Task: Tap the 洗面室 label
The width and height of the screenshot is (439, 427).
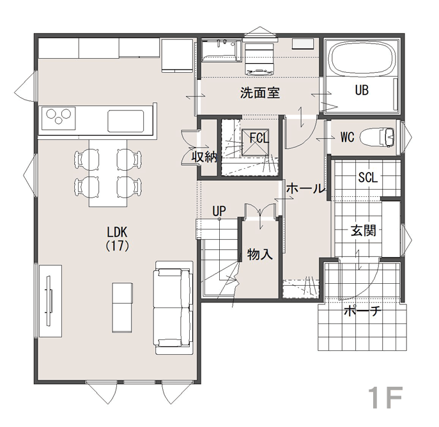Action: pyautogui.click(x=260, y=93)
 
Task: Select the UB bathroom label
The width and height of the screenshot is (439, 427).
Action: pyautogui.click(x=362, y=90)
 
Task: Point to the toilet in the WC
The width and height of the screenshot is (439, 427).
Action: pyautogui.click(x=377, y=137)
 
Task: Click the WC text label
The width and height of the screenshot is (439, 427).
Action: pyautogui.click(x=348, y=137)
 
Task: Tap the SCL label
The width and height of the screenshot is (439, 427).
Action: pyautogui.click(x=368, y=177)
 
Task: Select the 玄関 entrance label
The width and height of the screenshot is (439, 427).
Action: pyautogui.click(x=364, y=231)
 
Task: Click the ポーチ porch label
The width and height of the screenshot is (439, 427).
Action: pyautogui.click(x=362, y=311)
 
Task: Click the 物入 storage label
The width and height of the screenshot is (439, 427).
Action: pyautogui.click(x=259, y=254)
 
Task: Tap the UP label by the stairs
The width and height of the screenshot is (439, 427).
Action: pyautogui.click(x=219, y=211)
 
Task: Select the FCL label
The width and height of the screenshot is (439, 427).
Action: pyautogui.click(x=259, y=138)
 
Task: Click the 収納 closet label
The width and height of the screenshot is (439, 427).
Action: pyautogui.click(x=204, y=157)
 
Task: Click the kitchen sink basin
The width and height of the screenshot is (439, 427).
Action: pyautogui.click(x=126, y=120)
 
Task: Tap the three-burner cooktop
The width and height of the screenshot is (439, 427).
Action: pyautogui.click(x=59, y=118)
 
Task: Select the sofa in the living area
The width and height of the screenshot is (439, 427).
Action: pyautogui.click(x=174, y=307)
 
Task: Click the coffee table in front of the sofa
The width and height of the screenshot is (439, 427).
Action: pyautogui.click(x=123, y=307)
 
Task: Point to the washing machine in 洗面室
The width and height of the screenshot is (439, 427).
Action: pyautogui.click(x=259, y=59)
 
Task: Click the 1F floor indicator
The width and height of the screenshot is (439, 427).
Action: pyautogui.click(x=385, y=397)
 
